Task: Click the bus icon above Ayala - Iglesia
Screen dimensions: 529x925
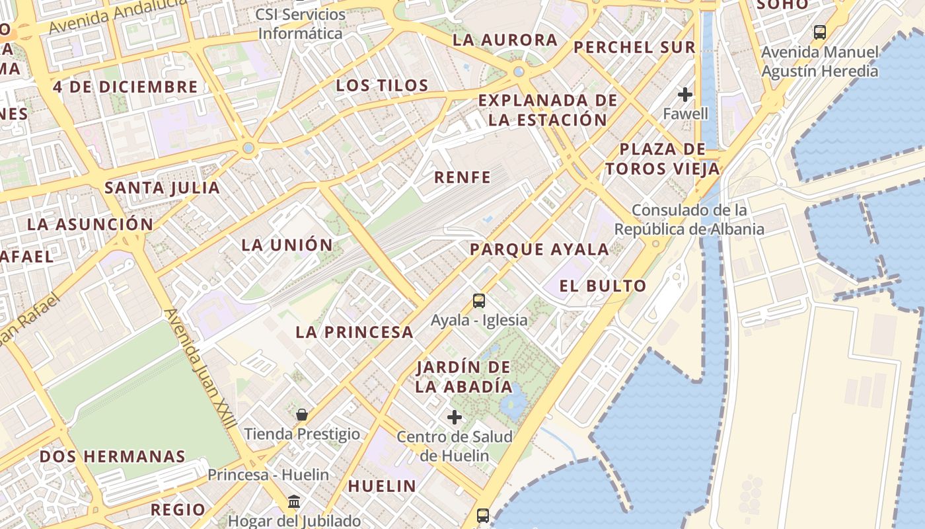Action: (x=479, y=301)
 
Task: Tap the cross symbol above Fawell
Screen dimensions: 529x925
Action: (x=685, y=95)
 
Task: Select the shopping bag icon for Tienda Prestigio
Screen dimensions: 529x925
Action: (x=302, y=415)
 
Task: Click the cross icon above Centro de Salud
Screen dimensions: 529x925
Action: (x=455, y=417)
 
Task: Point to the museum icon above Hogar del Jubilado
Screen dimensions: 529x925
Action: (x=294, y=502)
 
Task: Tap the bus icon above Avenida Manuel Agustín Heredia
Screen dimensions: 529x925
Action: (x=820, y=32)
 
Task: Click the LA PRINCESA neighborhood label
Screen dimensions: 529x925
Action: (x=354, y=332)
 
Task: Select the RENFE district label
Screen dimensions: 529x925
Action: (x=462, y=177)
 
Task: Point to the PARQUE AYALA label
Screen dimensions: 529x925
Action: (x=539, y=249)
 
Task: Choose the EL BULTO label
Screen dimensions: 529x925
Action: (x=603, y=286)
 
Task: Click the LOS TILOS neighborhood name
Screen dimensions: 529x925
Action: (x=382, y=85)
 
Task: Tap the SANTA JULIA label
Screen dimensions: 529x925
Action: (x=163, y=188)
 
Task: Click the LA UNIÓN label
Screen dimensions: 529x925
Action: (x=287, y=245)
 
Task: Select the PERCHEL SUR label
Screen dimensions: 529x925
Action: (x=634, y=47)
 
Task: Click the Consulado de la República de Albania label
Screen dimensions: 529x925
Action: (x=689, y=220)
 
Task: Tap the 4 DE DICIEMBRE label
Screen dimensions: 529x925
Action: (x=126, y=87)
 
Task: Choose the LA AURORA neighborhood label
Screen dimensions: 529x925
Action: (x=505, y=40)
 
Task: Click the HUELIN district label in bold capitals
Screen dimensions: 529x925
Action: (x=382, y=486)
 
